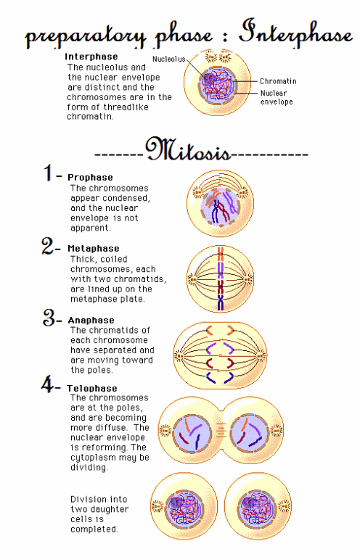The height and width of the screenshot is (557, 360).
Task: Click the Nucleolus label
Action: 169,59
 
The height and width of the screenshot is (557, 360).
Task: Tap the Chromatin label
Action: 278,81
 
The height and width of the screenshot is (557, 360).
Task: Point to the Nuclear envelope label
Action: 277,98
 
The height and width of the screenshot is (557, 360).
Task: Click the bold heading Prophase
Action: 90,178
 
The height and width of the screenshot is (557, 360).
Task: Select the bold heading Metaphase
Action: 94,249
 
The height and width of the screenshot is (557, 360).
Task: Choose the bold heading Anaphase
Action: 91,321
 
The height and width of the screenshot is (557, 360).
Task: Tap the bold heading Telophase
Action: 92,388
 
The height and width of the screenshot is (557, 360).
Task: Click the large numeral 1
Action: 49,173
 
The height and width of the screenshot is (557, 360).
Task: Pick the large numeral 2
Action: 48,246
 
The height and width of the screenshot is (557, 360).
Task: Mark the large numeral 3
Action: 49,317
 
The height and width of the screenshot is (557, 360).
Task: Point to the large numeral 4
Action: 47,384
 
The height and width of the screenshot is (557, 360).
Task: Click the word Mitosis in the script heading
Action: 188,149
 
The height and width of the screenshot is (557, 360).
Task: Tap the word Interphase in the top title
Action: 295,33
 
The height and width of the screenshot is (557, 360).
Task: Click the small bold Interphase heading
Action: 91,57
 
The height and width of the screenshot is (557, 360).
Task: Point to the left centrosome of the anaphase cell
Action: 179,355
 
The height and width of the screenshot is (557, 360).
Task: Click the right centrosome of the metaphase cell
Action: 248,278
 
